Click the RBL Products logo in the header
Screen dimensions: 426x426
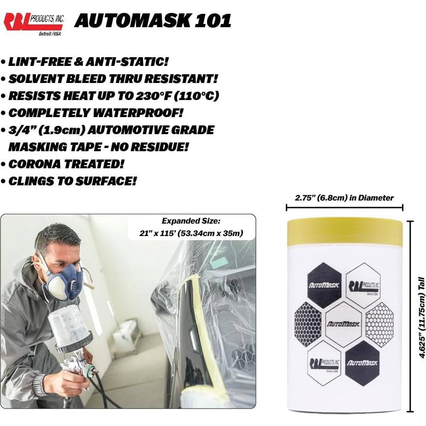[x=33, y=23]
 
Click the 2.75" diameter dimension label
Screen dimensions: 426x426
[x=344, y=198]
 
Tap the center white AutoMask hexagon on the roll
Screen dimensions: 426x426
[x=343, y=324]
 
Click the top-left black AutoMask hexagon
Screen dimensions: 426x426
[x=324, y=285]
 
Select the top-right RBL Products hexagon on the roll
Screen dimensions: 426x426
[x=363, y=285]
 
